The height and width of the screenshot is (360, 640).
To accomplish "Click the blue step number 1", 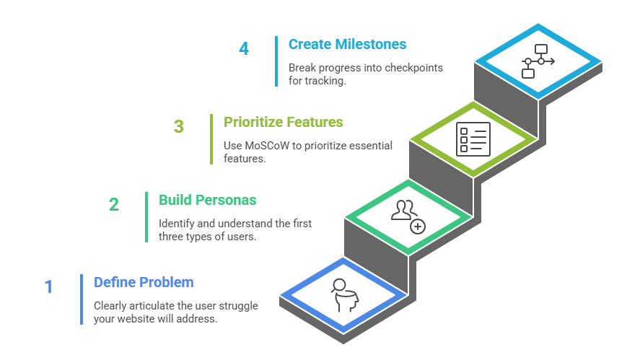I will click(48, 286).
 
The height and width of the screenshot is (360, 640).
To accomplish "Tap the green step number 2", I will click(114, 204).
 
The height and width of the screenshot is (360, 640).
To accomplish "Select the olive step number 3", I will click(179, 127).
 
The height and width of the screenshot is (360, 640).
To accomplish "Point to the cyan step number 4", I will click(244, 48).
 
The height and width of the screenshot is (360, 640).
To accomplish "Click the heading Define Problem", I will click(144, 282).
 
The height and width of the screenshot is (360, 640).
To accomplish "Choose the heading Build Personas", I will click(208, 200).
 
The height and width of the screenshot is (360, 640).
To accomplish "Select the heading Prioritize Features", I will click(283, 122).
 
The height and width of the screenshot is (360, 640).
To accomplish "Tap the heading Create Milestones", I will click(347, 44).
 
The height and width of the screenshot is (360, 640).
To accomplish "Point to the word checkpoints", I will click(414, 68).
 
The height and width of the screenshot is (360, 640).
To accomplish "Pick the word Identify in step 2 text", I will click(176, 224).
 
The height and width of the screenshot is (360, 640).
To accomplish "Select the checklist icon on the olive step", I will click(473, 138).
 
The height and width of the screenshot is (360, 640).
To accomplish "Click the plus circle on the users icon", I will click(417, 226).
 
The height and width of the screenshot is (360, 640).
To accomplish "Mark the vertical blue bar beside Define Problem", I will click(82, 299).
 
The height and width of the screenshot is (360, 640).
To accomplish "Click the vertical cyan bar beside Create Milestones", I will click(276, 61).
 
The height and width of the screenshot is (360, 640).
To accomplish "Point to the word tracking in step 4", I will click(325, 80).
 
